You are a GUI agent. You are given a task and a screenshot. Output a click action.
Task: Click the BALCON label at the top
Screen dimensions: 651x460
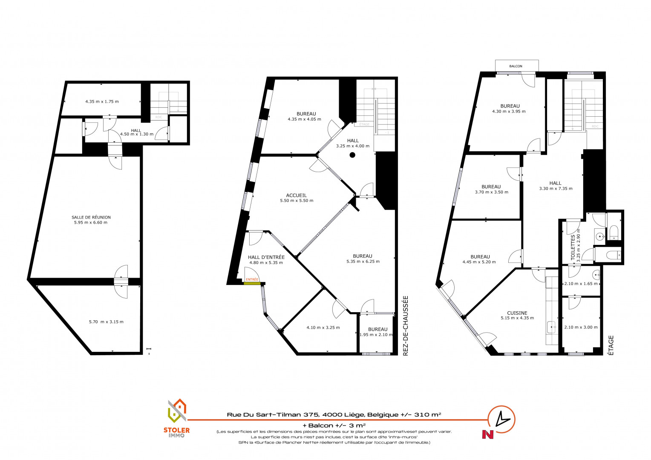click(x=516, y=66)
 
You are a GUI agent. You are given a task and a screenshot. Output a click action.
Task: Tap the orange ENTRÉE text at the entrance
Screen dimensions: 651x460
click(x=252, y=279)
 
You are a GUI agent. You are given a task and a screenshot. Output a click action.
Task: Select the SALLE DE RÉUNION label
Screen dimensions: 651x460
click(x=91, y=217)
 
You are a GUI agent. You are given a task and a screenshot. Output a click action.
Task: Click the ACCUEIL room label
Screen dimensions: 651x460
click(x=296, y=195)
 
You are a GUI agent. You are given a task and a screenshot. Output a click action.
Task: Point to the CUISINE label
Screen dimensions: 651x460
click(x=517, y=313)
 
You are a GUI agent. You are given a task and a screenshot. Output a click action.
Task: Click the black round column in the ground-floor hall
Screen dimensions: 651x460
click(x=352, y=155)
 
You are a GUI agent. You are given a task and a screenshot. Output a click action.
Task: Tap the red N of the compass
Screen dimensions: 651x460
click(x=488, y=434)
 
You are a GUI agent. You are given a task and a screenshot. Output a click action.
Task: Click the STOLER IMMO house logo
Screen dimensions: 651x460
click(x=177, y=411)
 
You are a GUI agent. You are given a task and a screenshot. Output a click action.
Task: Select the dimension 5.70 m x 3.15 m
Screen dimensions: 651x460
click(x=106, y=322)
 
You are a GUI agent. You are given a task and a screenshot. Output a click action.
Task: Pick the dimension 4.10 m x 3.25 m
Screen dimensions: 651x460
click(x=323, y=328)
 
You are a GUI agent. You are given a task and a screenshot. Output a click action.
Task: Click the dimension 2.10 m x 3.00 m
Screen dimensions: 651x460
click(x=581, y=327)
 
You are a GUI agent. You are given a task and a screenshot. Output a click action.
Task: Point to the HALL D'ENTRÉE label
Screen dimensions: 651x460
click(x=266, y=257)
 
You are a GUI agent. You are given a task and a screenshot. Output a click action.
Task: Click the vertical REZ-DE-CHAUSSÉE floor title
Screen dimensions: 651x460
click(x=406, y=326)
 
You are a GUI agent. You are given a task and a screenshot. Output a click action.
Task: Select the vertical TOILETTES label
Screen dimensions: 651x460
click(x=573, y=247)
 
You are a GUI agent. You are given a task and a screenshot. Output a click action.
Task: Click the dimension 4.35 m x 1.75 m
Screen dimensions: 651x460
click(x=102, y=102)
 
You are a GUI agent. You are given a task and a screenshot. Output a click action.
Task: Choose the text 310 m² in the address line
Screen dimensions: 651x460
click(x=427, y=414)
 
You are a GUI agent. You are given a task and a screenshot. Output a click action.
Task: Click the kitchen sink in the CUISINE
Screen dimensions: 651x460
click(x=551, y=327)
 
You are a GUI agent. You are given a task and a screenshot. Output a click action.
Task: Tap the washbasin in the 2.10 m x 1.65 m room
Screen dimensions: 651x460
click(x=596, y=274)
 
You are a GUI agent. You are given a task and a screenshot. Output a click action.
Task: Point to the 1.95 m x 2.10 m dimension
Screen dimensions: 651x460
click(x=376, y=334)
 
